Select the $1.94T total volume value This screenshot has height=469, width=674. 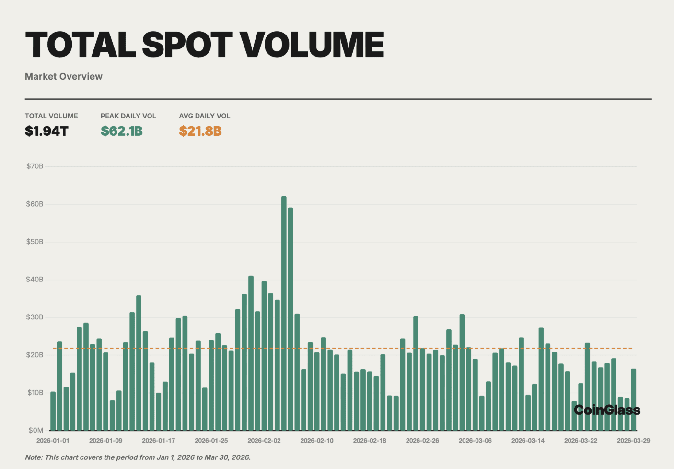(x=46, y=131)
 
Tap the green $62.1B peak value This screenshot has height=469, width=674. (x=122, y=131)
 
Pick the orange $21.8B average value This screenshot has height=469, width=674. (x=200, y=131)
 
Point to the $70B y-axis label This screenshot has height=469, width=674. (x=35, y=166)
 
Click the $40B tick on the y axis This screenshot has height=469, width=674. (x=35, y=279)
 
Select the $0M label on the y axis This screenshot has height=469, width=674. (x=36, y=430)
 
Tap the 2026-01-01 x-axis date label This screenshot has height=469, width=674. (x=53, y=440)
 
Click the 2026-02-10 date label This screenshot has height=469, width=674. (x=317, y=440)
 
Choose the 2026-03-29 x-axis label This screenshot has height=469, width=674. (x=633, y=440)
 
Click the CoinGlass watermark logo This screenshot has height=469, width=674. (x=607, y=410)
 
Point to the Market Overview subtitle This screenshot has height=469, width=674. (x=64, y=76)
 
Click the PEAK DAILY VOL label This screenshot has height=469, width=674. (x=128, y=116)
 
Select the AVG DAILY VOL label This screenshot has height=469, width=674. (x=205, y=116)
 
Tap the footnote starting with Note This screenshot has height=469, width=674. (x=138, y=457)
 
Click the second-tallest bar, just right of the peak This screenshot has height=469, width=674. (x=291, y=319)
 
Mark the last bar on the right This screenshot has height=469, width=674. (x=633, y=399)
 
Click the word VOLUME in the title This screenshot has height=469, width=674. (x=312, y=45)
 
